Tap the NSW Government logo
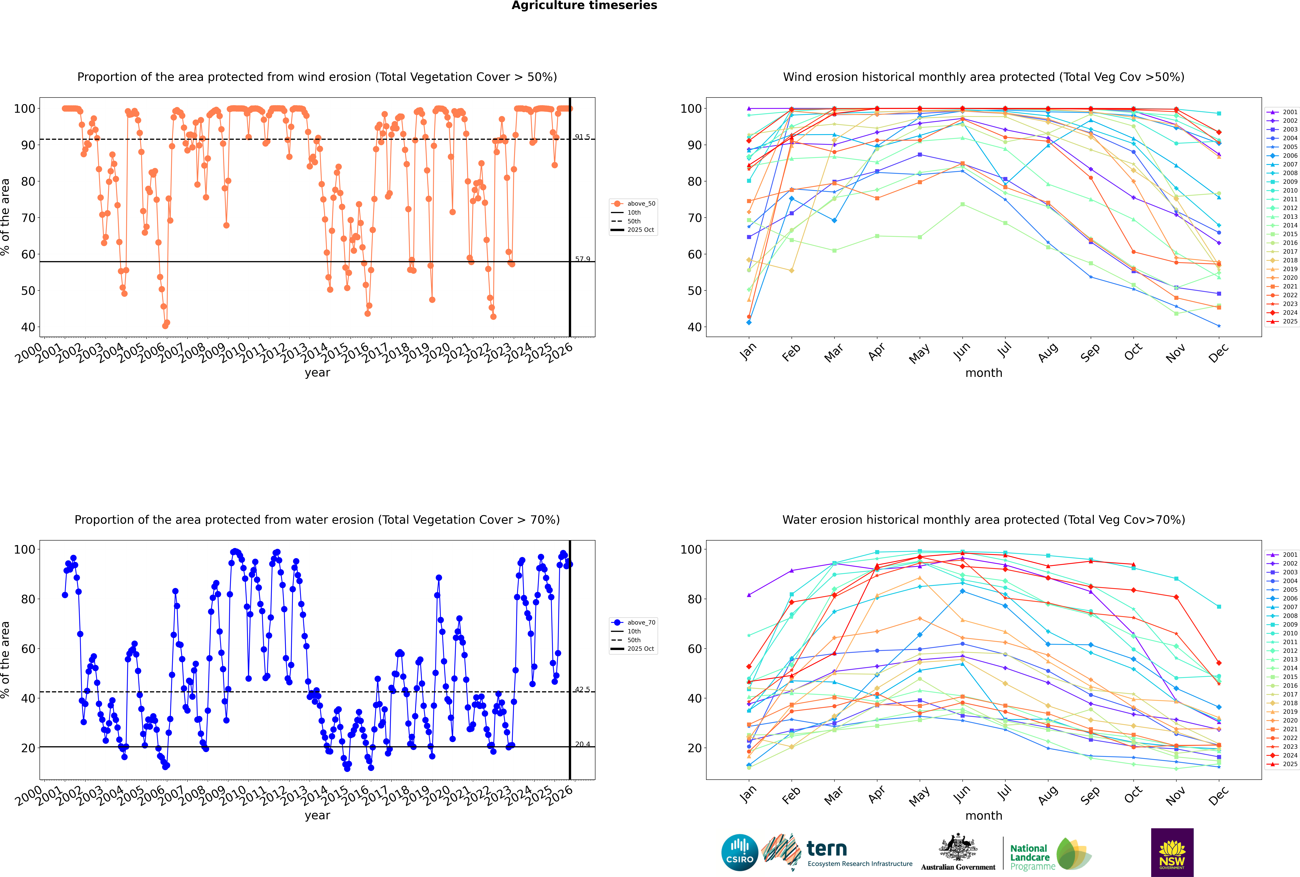(1172, 852)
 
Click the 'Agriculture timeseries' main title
(584, 6)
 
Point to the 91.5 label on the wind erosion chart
(582, 137)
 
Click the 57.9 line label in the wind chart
(582, 259)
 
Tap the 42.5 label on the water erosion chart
(582, 690)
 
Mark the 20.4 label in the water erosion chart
(582, 744)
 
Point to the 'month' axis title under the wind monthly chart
(984, 373)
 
